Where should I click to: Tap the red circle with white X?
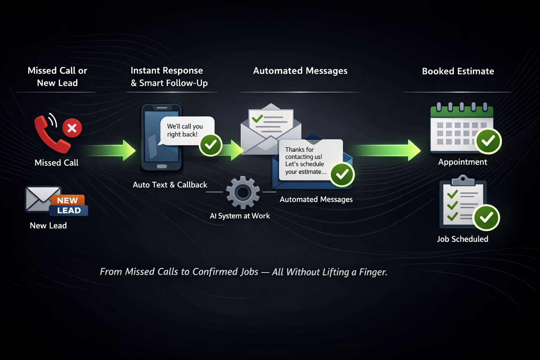coord(72,128)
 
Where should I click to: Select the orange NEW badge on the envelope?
coord(67,200)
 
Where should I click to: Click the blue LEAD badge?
coord(69,211)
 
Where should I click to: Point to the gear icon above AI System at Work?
coord(243,192)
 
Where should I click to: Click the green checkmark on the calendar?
coord(488,141)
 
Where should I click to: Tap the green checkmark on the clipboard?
coord(487,218)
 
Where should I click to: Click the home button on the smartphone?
coord(162,166)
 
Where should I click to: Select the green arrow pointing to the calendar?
coord(387,150)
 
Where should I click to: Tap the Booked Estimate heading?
coord(458,71)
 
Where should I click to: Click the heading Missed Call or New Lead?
coord(57,77)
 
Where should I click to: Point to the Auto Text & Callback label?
coord(170,185)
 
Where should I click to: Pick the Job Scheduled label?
coord(462,239)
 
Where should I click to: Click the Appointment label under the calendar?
coord(462,162)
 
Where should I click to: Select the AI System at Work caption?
coord(240,216)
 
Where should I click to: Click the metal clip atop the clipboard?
coord(463,180)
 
